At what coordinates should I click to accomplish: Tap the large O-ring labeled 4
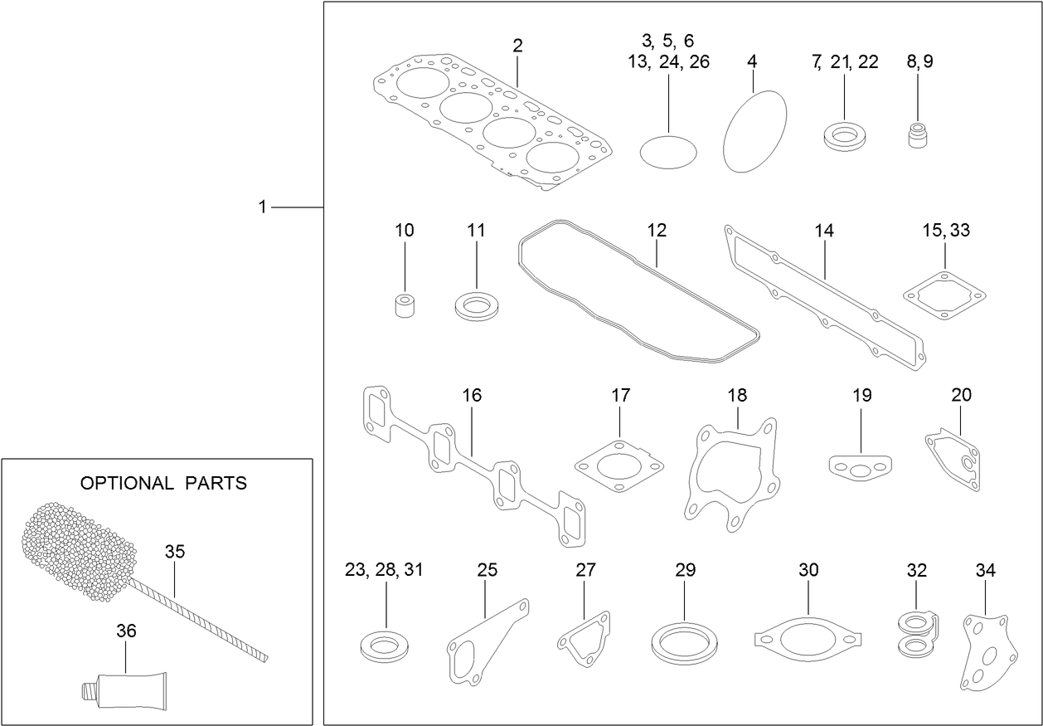pos(754,131)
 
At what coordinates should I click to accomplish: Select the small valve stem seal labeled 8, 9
pos(917,136)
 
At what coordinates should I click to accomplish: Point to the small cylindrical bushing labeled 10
pos(405,305)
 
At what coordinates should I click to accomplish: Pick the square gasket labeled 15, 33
pos(944,295)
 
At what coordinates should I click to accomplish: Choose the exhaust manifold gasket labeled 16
pos(472,465)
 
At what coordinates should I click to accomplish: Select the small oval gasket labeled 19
pos(860,467)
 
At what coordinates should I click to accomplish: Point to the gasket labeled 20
pos(954,457)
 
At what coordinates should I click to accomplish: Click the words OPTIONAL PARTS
pos(163,483)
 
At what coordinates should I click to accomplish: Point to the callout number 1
pos(263,207)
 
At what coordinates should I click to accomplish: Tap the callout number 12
pos(657,230)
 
